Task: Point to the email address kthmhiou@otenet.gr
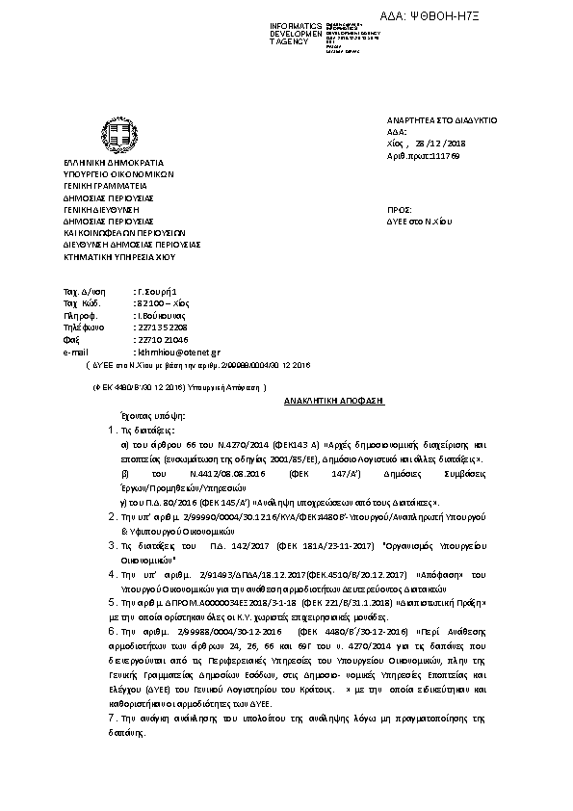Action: pyautogui.click(x=179, y=353)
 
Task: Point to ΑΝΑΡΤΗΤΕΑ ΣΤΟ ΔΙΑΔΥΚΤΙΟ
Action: pyautogui.click(x=440, y=120)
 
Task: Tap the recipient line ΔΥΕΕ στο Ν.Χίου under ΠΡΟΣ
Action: pyautogui.click(x=419, y=221)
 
